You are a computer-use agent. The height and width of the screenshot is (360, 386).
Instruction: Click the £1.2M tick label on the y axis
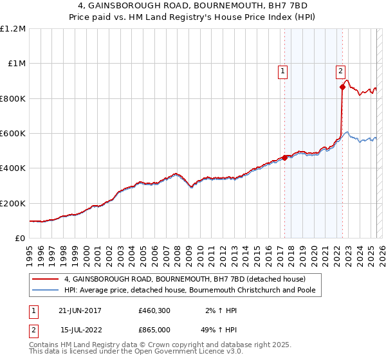(x=12, y=29)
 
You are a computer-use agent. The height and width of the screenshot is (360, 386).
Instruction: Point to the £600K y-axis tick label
(x=12, y=134)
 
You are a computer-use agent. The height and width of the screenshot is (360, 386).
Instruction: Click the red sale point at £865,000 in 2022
(x=342, y=87)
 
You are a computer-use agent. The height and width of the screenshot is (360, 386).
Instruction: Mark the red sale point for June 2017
(x=284, y=157)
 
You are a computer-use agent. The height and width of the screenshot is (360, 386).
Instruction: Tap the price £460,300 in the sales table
(x=153, y=310)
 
